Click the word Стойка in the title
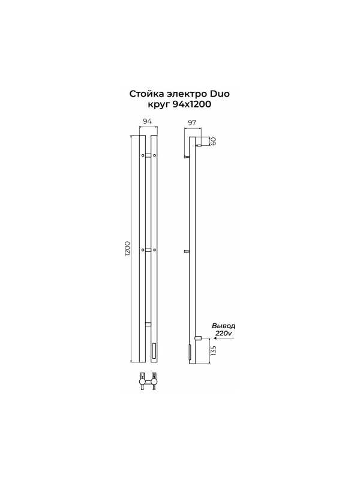tap(144, 94)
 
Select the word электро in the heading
tap(185, 94)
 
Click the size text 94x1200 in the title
tap(191, 104)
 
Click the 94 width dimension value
tap(148, 121)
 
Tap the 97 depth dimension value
tap(191, 123)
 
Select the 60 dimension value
tap(214, 141)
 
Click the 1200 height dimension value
tap(128, 248)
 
